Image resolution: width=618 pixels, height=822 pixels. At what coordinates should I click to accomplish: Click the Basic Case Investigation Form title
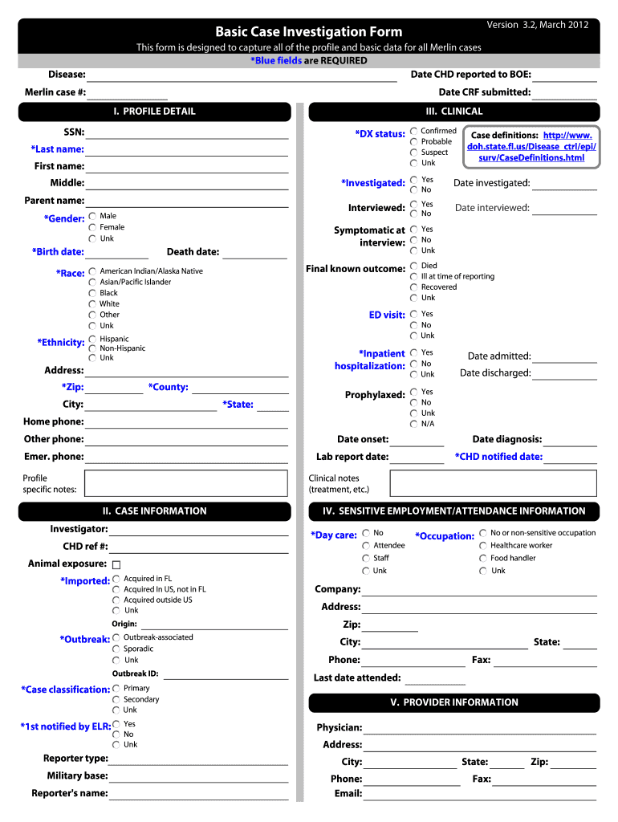309,32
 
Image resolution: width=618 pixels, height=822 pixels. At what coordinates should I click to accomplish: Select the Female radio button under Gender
93,227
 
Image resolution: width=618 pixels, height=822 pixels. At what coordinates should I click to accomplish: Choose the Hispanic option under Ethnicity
93,340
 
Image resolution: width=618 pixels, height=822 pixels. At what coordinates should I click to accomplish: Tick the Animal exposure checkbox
116,564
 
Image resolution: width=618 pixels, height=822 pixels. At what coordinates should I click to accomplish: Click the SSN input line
186,133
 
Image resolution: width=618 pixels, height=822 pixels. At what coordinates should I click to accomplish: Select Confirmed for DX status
413,131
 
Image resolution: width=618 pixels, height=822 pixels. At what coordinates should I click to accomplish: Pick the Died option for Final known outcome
413,266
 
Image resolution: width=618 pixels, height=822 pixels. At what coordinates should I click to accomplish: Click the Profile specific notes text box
185,483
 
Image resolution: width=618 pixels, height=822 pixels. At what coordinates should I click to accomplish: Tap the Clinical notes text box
493,483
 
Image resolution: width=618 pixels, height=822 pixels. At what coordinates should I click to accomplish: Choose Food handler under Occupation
483,559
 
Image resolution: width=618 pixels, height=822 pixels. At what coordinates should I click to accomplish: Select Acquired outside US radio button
117,600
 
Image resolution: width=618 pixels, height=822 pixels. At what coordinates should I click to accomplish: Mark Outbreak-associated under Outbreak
117,637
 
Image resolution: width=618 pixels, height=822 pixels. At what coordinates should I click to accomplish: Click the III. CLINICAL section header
454,112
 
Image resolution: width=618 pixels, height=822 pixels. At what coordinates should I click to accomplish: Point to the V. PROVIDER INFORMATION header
454,702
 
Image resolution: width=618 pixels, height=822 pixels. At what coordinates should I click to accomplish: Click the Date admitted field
565,357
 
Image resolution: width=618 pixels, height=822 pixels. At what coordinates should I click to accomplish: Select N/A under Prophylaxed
413,424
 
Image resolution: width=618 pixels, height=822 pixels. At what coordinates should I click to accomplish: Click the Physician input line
480,729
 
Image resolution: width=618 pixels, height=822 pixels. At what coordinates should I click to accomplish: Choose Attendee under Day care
366,546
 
